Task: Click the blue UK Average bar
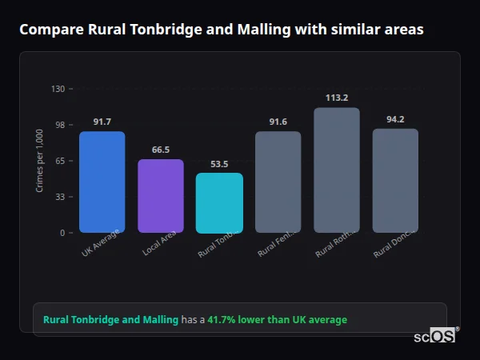click(102, 182)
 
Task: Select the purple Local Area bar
click(160, 196)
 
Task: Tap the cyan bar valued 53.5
click(219, 202)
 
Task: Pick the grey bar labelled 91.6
click(278, 182)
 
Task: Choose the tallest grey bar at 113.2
click(336, 170)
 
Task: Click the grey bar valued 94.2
click(395, 180)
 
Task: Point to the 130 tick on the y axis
click(58, 89)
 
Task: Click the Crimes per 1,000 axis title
click(40, 161)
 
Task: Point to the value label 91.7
click(102, 122)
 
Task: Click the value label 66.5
click(160, 150)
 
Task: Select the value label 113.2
click(336, 98)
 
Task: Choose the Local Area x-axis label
click(160, 243)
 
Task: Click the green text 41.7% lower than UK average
click(277, 320)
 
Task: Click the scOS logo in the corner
click(435, 336)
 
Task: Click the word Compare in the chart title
click(47, 30)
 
